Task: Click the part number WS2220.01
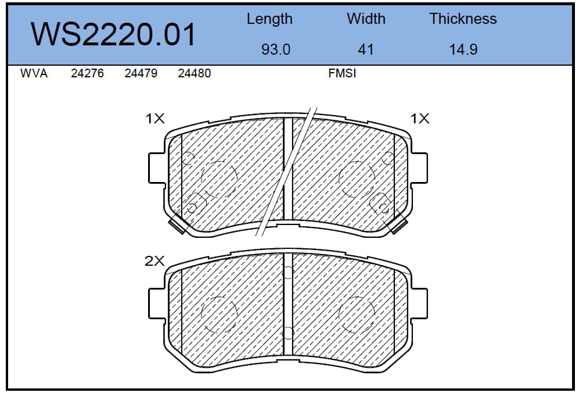pos(113,34)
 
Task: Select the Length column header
pos(269,19)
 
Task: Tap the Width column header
pos(366,19)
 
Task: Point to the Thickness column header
pos(463,19)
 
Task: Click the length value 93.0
pos(276,49)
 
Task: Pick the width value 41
pos(365,49)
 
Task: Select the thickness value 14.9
pos(463,49)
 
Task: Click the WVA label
pos(34,73)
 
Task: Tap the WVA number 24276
pos(87,73)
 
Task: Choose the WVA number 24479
pos(141,73)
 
